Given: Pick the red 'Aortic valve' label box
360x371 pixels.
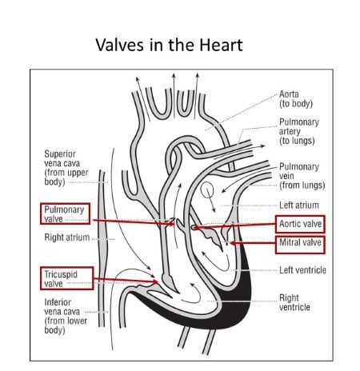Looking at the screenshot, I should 300,223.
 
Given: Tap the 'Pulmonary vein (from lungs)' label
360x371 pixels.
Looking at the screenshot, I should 299,176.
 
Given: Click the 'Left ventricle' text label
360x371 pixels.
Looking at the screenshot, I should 302,270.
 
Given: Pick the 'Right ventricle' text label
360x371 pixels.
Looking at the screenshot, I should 294,302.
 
